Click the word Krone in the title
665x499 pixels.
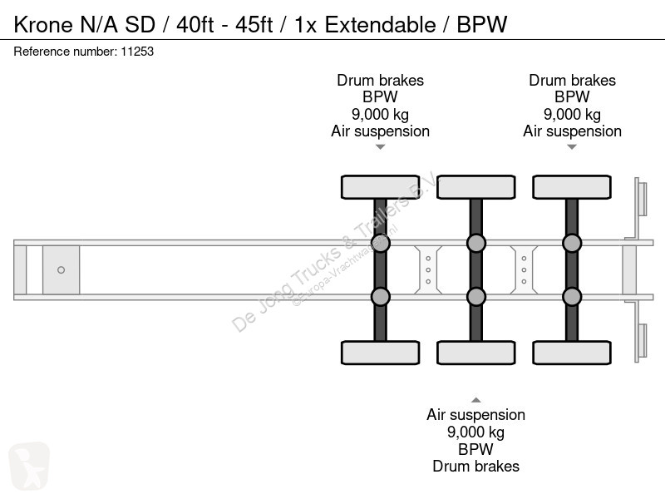point(43,25)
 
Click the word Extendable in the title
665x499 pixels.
point(381,25)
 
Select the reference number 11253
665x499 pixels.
point(137,52)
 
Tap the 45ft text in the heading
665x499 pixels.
point(254,25)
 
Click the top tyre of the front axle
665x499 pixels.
point(381,187)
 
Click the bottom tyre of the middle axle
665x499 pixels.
point(476,353)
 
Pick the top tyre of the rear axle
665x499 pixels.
point(572,187)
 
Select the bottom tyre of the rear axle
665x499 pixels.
point(572,353)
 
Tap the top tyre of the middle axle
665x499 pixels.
point(476,187)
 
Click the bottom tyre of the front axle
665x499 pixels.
point(381,353)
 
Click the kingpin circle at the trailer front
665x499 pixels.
point(61,269)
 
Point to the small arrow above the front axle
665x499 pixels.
point(381,147)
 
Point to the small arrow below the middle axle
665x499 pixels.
point(476,400)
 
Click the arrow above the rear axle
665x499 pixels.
point(572,147)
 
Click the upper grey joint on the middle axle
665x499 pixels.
point(476,243)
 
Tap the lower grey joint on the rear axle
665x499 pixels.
point(572,297)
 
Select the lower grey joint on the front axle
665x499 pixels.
point(381,297)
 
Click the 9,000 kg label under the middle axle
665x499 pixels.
point(475,432)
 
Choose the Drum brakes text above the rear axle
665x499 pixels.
point(572,80)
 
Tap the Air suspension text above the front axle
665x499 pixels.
point(381,131)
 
